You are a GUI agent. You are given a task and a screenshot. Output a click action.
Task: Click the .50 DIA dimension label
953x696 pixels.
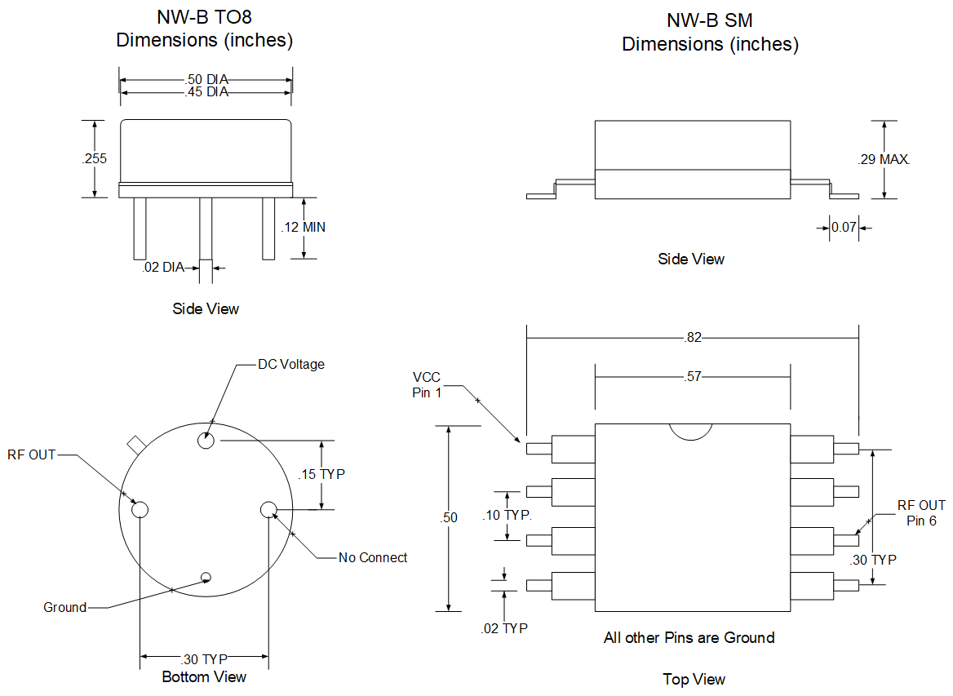pos(206,79)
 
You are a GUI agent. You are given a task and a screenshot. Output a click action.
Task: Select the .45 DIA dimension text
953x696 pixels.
pos(206,92)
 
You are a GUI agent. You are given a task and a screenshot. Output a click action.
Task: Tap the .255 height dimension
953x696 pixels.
pos(95,159)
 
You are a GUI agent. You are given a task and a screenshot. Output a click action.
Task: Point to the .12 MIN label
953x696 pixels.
pos(303,227)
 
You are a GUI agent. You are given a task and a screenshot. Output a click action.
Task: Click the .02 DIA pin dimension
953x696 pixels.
pos(162,267)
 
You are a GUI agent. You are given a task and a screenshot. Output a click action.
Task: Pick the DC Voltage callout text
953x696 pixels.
pos(291,364)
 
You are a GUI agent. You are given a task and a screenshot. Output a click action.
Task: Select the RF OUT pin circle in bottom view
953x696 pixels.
pos(140,510)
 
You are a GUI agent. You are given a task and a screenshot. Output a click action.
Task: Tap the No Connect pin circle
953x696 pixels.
pos(268,510)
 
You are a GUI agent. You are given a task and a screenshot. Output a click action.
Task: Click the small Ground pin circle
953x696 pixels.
pos(206,578)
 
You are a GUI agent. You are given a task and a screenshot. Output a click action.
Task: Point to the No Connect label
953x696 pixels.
pos(373,557)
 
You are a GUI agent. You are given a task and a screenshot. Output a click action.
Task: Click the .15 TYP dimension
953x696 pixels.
pos(321,474)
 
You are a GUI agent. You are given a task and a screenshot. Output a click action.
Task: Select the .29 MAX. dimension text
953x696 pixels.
pos(884,159)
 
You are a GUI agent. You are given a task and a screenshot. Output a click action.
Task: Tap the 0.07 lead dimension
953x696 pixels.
pos(844,227)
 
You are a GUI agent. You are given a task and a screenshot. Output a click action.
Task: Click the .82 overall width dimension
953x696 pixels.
pos(693,336)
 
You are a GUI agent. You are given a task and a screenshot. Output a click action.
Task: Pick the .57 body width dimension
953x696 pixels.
pos(693,376)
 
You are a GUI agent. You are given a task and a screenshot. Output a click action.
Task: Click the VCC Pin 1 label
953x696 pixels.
pos(426,384)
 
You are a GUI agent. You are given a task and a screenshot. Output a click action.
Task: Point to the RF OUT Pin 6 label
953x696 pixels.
pos(921,512)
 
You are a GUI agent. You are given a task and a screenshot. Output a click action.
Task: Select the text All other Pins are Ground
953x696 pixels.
pos(689,637)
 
